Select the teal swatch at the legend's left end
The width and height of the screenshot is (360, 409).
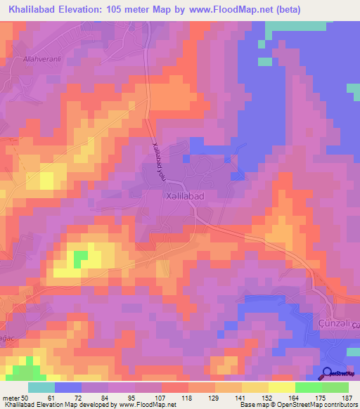pyautogui.click(x=41, y=388)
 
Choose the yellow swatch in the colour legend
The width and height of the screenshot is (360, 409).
pyautogui.click(x=281, y=388)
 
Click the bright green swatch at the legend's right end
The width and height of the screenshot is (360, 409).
pyautogui.click(x=335, y=388)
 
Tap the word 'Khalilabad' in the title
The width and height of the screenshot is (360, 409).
pyautogui.click(x=31, y=9)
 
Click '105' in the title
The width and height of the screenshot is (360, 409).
pyautogui.click(x=124, y=9)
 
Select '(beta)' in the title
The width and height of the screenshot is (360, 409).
pyautogui.click(x=297, y=9)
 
